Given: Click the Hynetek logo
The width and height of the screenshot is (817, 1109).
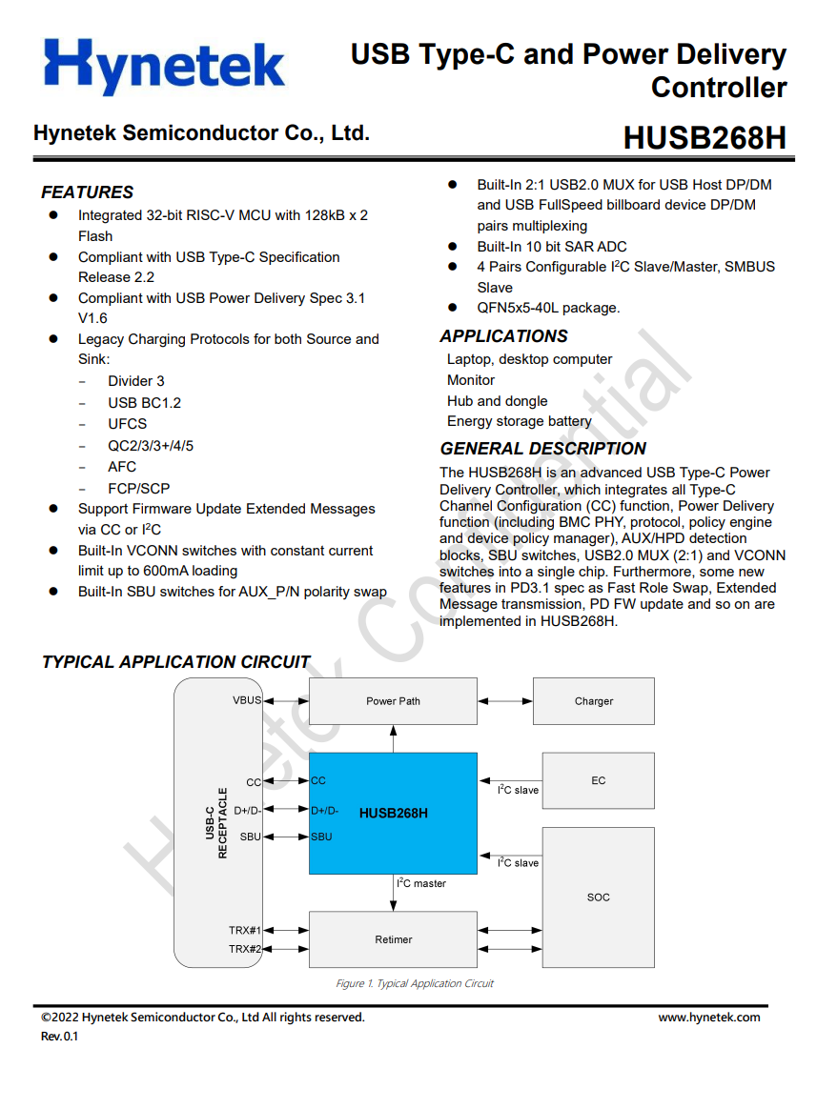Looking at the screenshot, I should [x=164, y=66].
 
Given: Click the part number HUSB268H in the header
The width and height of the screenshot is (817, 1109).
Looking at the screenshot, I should [x=705, y=138].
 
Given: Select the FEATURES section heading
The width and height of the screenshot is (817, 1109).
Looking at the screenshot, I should [x=87, y=192].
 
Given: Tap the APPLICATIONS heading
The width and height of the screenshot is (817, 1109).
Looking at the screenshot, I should [x=503, y=336].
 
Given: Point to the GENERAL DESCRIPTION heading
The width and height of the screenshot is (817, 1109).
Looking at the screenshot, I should [x=542, y=449].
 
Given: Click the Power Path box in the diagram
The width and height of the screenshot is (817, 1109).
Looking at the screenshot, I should [x=393, y=701].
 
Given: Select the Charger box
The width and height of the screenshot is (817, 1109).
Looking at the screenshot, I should [x=593, y=701].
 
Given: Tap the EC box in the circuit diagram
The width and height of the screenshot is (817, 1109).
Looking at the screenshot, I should [x=598, y=780].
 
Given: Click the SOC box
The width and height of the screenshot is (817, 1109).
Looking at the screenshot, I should [x=598, y=897].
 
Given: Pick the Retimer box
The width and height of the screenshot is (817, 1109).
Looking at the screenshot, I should [x=393, y=939].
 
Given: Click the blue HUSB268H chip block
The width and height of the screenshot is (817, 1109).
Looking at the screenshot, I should [x=393, y=813].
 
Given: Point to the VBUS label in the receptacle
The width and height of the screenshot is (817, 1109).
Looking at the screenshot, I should [x=246, y=700].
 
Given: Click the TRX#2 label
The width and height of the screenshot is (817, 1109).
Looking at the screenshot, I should [x=245, y=949].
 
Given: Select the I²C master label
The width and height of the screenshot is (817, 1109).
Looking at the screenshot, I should [x=421, y=883].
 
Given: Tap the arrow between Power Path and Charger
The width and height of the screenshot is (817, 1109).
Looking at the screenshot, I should [x=505, y=701].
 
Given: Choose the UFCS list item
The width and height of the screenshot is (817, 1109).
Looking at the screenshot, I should [x=127, y=424].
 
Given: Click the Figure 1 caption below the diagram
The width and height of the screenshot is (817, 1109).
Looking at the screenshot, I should [x=415, y=983].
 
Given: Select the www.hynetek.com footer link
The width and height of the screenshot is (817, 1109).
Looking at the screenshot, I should [x=709, y=1018].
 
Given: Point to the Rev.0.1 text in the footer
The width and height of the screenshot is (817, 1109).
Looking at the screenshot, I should [x=59, y=1037].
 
